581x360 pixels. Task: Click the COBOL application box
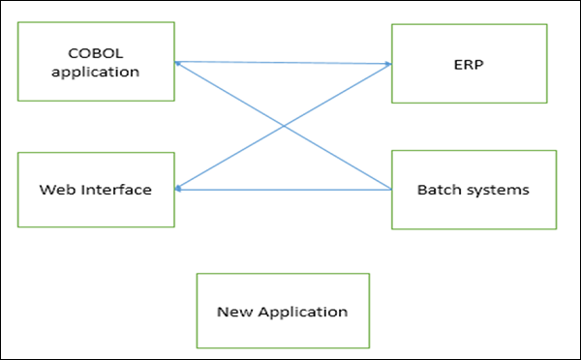pyautogui.click(x=96, y=62)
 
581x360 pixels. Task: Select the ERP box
pyautogui.click(x=470, y=64)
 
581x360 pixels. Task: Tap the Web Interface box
pyautogui.click(x=96, y=190)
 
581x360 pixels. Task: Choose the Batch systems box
pyautogui.click(x=474, y=190)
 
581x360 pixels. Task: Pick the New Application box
pyautogui.click(x=283, y=311)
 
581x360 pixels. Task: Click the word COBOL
pyautogui.click(x=96, y=53)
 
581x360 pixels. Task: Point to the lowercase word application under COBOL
pyautogui.click(x=96, y=72)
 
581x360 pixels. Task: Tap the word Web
pyautogui.click(x=57, y=190)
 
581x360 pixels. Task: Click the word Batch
pyautogui.click(x=439, y=190)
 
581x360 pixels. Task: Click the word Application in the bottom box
pyautogui.click(x=303, y=313)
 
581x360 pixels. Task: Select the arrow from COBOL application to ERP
pyautogui.click(x=283, y=63)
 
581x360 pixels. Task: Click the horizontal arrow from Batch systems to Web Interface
pyautogui.click(x=283, y=190)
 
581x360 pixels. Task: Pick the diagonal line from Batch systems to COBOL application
pyautogui.click(x=283, y=126)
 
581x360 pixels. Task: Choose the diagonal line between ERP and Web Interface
pyautogui.click(x=283, y=127)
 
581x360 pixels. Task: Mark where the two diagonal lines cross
pyautogui.click(x=284, y=126)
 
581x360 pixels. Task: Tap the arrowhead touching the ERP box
pyautogui.click(x=388, y=64)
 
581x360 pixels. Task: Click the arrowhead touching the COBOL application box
pyautogui.click(x=177, y=63)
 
